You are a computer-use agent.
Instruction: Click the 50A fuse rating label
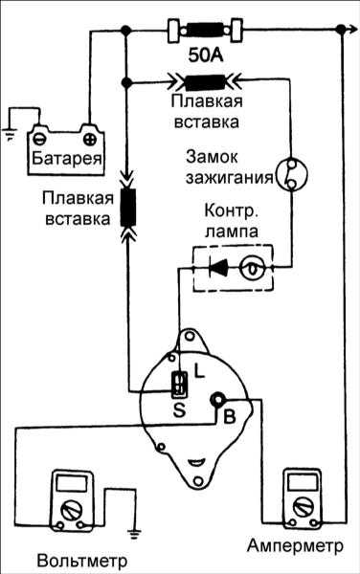pos(206,55)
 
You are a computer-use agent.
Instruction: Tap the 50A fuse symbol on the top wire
pos(205,30)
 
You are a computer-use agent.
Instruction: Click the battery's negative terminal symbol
pos(38,139)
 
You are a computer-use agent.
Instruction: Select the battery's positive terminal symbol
pos(90,139)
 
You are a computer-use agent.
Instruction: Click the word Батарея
pos(66,158)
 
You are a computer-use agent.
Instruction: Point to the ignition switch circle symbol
pos(291,175)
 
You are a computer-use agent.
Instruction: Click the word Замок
pos(212,157)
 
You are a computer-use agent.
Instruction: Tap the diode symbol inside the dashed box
pos(218,268)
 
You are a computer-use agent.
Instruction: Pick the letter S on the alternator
pos(179,410)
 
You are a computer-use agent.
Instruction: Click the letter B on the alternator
pos(229,416)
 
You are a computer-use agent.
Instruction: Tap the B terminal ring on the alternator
pos(217,400)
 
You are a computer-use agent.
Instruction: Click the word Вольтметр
pos(82,561)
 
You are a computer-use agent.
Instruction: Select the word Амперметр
pos(295,545)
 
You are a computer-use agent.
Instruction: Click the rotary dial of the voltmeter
pos(71,509)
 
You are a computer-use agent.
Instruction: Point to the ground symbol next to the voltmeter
pos(135,533)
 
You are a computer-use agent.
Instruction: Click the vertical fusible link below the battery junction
pos(128,207)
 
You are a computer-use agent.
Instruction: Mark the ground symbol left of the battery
pos(9,135)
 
